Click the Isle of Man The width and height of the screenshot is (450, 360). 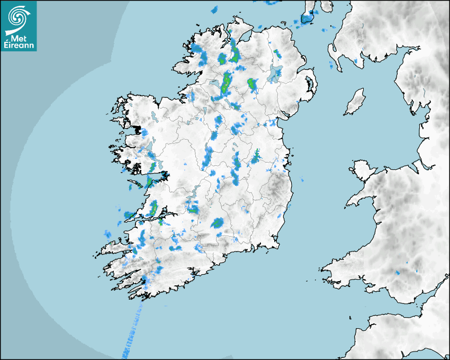[355, 102]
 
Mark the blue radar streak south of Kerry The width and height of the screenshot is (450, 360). [132, 328]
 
